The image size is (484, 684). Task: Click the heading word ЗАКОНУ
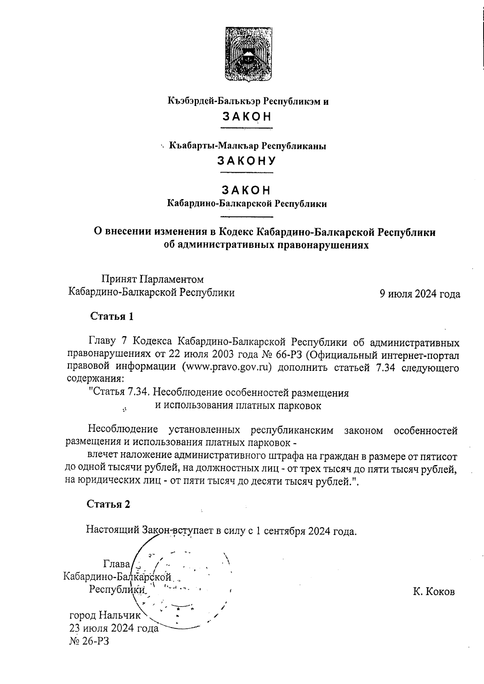pos(246,161)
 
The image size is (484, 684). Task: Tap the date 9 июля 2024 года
pos(419,294)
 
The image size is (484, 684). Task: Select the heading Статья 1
pos(112,316)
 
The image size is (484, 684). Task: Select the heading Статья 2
pos(109,504)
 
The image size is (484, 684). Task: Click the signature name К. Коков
pos(434,592)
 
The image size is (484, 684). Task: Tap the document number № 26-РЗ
pos(89,640)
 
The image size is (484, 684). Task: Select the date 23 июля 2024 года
pos(114,628)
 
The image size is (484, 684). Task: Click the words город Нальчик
pos(105,615)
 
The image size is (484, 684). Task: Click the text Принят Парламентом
pos(152,279)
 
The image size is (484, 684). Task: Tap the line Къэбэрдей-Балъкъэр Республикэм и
pos(248,101)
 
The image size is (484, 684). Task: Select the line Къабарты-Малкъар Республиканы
pos(248,146)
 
